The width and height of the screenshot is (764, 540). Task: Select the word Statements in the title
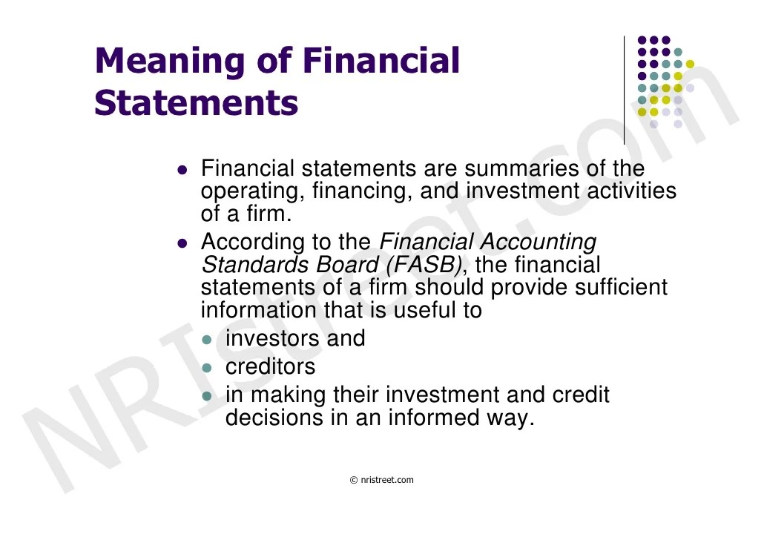click(197, 103)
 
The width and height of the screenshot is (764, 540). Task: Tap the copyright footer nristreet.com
click(382, 480)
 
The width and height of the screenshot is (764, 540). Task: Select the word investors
click(273, 338)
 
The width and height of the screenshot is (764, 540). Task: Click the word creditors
click(270, 366)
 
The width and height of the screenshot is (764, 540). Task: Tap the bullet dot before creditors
click(208, 368)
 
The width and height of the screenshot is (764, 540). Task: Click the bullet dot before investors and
click(208, 340)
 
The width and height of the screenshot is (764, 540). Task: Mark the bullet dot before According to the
click(183, 243)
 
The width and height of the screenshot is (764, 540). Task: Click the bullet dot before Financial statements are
click(183, 170)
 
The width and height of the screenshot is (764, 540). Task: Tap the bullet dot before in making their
click(208, 396)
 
